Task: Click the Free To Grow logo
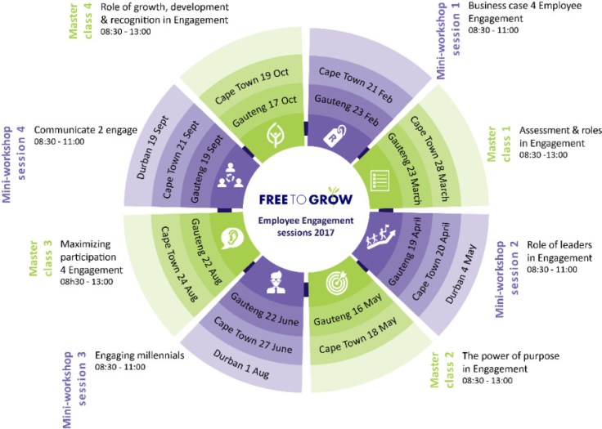[x=301, y=199]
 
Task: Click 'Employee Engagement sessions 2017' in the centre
[x=300, y=226]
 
